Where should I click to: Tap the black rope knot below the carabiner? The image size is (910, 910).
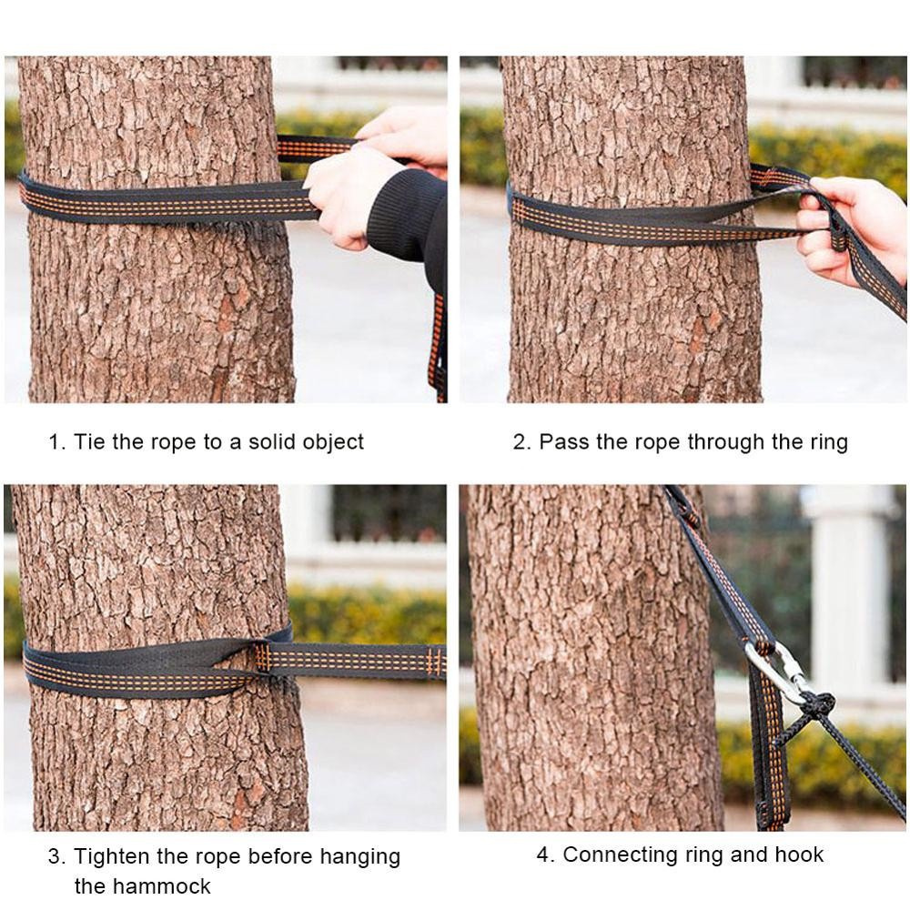tap(818, 703)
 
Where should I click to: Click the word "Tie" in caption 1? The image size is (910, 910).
tap(89, 442)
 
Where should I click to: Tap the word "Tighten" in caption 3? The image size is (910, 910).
tap(114, 856)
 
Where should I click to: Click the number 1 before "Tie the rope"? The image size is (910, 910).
tap(55, 442)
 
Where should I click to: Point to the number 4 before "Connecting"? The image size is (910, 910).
tap(543, 854)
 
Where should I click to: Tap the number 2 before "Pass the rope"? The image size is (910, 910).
tap(521, 442)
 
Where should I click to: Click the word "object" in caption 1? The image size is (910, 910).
tap(331, 442)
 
